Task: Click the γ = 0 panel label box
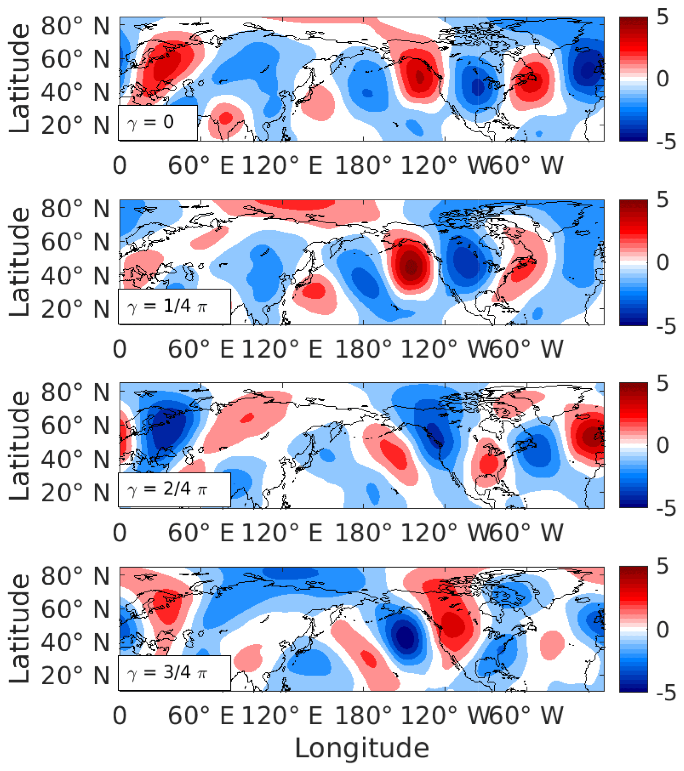158,122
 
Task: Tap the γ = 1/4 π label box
174,306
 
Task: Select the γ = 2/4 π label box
174,489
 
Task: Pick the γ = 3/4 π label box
174,673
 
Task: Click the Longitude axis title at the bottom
362,748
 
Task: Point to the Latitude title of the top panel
20,79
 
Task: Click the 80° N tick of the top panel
76,26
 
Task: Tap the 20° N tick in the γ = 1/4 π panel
76,309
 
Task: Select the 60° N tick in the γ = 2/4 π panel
76,426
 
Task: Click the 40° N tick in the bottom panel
76,642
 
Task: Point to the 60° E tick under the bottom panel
201,716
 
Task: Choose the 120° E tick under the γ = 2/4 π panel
282,533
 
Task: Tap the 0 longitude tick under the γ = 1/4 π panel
120,349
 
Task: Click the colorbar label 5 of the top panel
662,18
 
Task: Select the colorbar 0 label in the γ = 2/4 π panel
662,445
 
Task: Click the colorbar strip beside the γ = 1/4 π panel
633,262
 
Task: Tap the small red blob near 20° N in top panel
225,117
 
